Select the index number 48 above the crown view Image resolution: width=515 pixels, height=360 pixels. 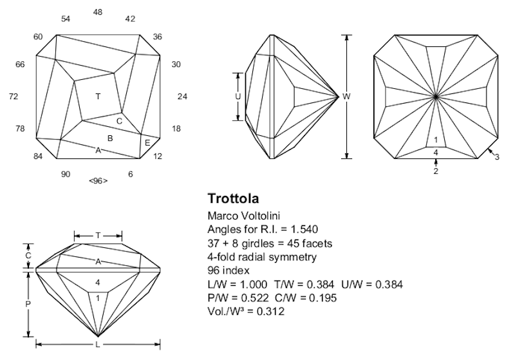[x=98, y=12]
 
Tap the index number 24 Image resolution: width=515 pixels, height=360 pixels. [x=182, y=97]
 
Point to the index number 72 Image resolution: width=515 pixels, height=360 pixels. [x=14, y=97]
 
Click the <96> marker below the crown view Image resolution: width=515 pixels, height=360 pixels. [x=98, y=180]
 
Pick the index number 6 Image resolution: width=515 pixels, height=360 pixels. [x=130, y=175]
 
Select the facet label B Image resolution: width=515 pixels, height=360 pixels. [x=110, y=138]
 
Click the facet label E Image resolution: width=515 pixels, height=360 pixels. [x=147, y=143]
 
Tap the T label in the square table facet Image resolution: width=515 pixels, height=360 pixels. [x=98, y=97]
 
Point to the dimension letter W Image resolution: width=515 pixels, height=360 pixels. [x=346, y=97]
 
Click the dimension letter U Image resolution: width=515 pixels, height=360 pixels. [x=238, y=97]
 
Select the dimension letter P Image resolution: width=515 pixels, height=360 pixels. [x=28, y=303]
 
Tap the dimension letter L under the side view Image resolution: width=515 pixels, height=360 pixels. [x=98, y=345]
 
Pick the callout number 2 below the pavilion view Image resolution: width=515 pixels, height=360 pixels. [x=436, y=172]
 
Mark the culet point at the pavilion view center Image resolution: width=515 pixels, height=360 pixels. [x=436, y=97]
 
